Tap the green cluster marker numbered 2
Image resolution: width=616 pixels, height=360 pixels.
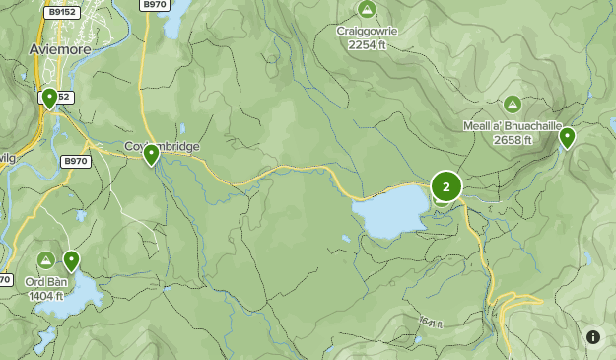click(446, 186)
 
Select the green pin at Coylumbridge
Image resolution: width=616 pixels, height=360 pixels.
click(151, 155)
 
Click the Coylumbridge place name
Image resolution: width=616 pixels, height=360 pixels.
click(163, 147)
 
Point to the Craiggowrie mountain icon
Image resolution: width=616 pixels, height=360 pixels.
click(367, 10)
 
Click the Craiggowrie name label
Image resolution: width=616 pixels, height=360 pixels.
click(366, 31)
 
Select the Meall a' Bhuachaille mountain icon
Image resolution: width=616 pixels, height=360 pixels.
click(512, 104)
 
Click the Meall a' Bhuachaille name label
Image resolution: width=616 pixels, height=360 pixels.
click(512, 126)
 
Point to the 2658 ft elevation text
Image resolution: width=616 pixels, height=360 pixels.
click(512, 139)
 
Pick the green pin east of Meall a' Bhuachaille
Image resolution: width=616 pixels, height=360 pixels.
click(567, 137)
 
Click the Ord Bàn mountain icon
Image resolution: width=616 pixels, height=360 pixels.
click(45, 259)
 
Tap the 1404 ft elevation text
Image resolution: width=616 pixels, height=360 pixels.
click(45, 295)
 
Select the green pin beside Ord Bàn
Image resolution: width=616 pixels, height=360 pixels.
click(71, 260)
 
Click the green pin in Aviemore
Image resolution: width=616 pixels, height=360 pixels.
click(49, 98)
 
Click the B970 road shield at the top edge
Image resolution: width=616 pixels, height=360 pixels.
click(155, 5)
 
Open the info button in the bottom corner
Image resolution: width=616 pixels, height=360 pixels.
click(593, 337)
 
